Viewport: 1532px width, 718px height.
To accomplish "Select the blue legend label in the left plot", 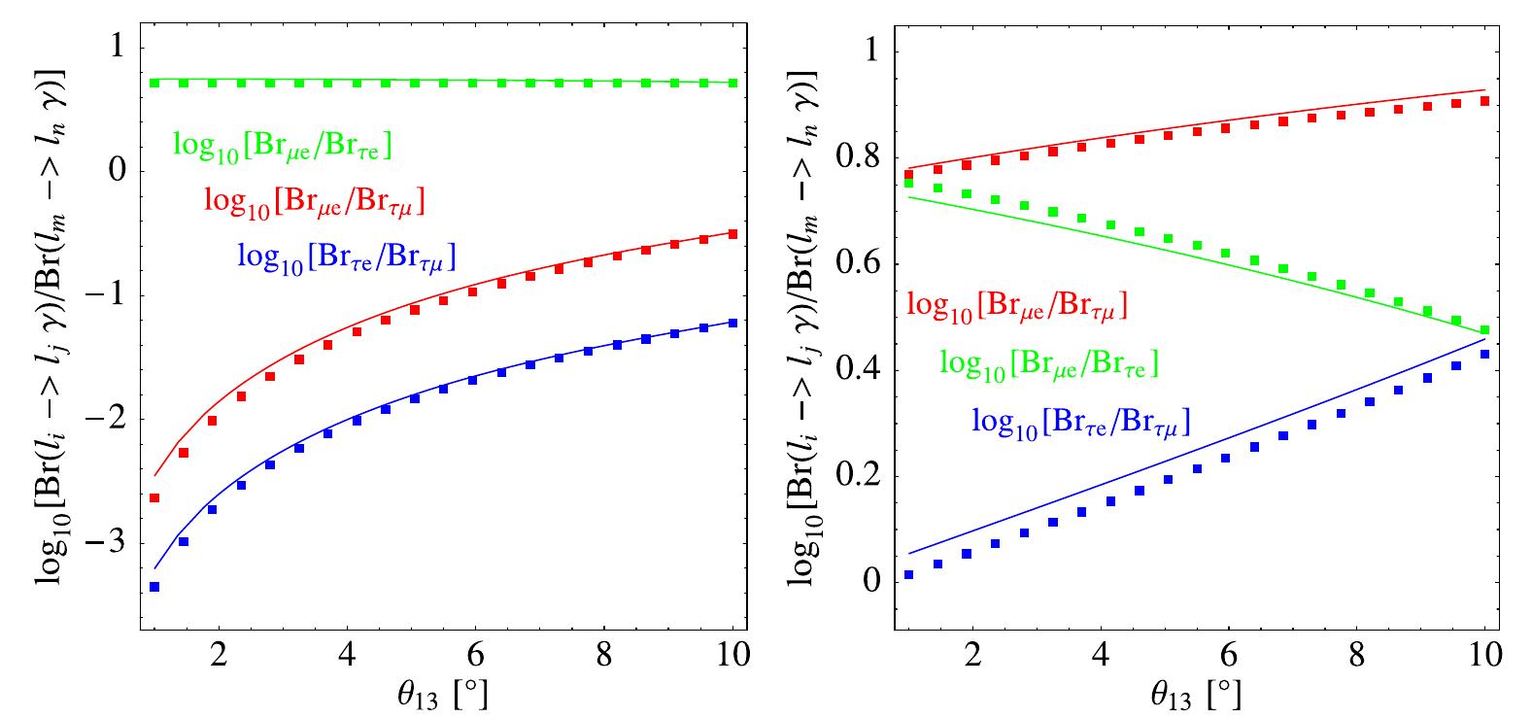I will (346, 256).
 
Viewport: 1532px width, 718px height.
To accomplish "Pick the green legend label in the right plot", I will (1049, 363).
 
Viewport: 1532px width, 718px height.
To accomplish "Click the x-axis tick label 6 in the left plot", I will (474, 653).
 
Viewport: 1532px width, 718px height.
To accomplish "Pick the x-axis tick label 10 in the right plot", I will (1483, 653).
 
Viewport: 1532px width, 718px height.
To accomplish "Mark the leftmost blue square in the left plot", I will (154, 587).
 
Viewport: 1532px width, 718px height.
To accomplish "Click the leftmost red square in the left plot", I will (154, 498).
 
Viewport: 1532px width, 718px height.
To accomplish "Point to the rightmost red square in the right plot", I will (1484, 101).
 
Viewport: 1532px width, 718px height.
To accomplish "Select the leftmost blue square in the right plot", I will (908, 575).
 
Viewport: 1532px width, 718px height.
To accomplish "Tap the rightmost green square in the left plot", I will (732, 84).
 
